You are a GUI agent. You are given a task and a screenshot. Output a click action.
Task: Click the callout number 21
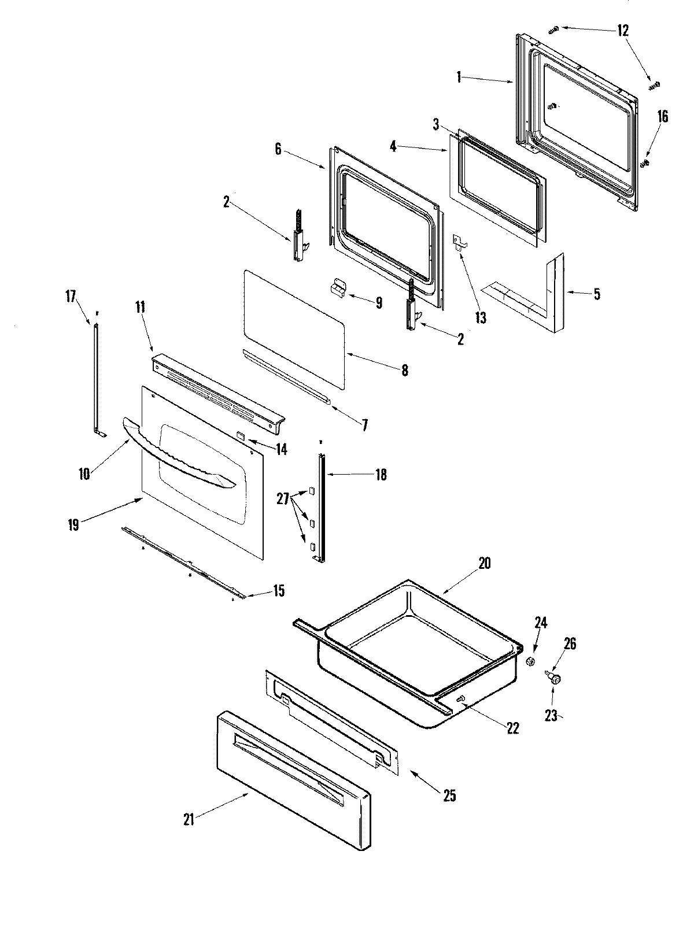[189, 819]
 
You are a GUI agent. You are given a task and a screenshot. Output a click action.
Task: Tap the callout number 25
[449, 796]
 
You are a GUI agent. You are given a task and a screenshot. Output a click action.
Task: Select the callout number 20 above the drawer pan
[484, 563]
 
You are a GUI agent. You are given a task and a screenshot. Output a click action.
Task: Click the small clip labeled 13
[460, 242]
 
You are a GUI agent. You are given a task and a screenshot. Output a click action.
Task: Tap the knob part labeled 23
[555, 679]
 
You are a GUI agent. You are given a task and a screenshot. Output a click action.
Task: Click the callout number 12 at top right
[622, 31]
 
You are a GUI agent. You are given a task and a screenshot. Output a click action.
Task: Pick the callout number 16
[662, 117]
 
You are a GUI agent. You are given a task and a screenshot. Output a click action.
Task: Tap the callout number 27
[282, 498]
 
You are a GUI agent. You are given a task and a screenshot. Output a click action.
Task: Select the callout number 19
[73, 524]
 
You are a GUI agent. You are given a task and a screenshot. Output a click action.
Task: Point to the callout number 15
[279, 591]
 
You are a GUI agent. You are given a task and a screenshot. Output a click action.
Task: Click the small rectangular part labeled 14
[241, 435]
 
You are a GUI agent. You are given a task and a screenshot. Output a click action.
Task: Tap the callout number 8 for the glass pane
[404, 371]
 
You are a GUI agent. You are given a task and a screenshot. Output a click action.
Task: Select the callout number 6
[278, 149]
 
